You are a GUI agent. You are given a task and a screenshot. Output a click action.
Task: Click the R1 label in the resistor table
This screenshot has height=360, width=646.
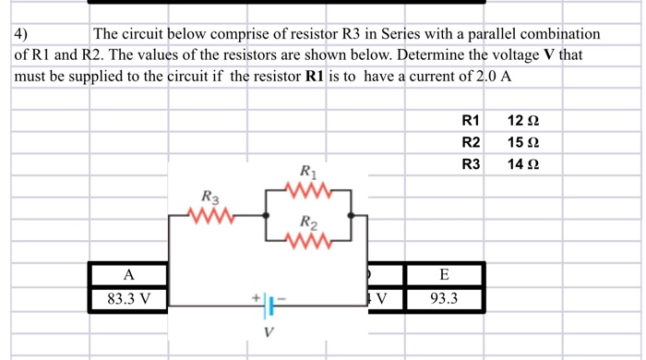pyautogui.click(x=471, y=121)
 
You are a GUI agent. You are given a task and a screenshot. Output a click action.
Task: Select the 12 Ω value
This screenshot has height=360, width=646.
pyautogui.click(x=522, y=121)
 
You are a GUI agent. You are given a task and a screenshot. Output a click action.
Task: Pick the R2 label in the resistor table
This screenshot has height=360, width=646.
pyautogui.click(x=471, y=142)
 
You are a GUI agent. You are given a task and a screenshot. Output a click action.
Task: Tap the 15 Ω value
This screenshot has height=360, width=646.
pyautogui.click(x=522, y=142)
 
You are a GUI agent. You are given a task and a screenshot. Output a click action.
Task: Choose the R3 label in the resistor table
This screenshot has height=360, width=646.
pyautogui.click(x=471, y=164)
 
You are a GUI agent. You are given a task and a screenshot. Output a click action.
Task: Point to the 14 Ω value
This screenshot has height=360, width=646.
pyautogui.click(x=522, y=164)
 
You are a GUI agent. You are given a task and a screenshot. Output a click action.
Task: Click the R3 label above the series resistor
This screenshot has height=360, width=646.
pyautogui.click(x=210, y=197)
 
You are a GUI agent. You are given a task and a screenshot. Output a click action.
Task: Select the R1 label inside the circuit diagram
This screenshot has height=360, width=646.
pyautogui.click(x=308, y=171)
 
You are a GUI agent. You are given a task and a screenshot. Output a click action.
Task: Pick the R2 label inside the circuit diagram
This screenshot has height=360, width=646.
pyautogui.click(x=309, y=222)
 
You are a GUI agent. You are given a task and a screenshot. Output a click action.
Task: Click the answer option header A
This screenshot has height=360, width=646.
pyautogui.click(x=128, y=274)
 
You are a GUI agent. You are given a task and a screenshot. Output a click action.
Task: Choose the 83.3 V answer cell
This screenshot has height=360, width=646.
pyautogui.click(x=128, y=299)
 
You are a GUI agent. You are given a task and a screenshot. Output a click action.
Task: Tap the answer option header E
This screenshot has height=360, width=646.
pyautogui.click(x=444, y=274)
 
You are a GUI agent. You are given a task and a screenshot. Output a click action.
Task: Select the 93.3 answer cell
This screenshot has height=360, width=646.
pyautogui.click(x=444, y=299)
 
